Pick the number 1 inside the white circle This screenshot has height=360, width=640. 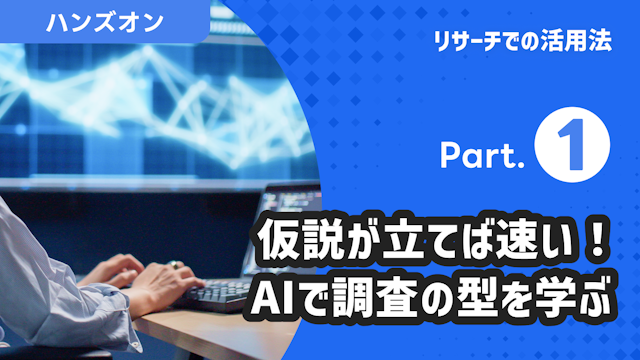click(573, 151)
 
